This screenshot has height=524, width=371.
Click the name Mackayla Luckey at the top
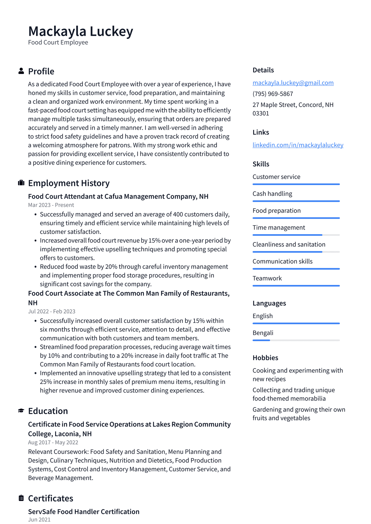click(81, 31)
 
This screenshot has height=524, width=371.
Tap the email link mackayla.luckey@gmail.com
click(293, 83)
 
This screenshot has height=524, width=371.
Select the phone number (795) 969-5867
click(273, 94)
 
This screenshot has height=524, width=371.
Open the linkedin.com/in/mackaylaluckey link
click(298, 145)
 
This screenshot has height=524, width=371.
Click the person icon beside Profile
click(21, 71)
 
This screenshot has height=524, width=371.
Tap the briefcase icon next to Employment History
click(21, 183)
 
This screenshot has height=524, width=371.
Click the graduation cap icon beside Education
click(21, 411)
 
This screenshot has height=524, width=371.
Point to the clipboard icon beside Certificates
click(21, 498)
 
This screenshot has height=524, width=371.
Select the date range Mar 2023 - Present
click(51, 205)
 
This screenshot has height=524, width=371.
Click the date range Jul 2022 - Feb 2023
click(52, 312)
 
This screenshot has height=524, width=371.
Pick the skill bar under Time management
click(296, 235)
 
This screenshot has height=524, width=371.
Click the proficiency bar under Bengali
click(296, 340)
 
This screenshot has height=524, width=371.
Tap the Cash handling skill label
click(272, 194)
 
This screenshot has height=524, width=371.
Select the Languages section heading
click(269, 303)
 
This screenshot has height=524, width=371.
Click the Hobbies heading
click(265, 358)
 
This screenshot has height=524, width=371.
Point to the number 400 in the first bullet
click(178, 214)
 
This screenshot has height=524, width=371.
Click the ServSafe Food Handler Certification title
click(84, 512)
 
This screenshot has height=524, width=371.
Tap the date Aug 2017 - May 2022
click(53, 442)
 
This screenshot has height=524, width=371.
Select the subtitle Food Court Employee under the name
click(58, 43)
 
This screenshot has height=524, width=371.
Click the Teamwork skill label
click(267, 278)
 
